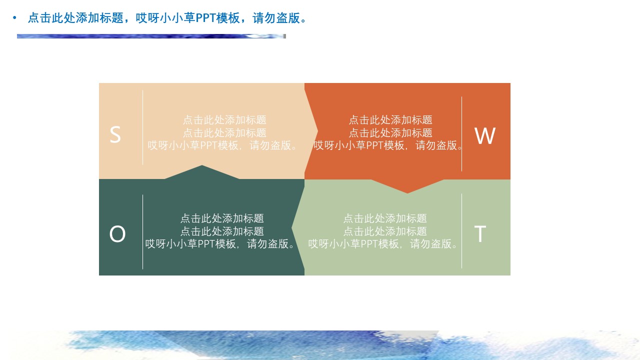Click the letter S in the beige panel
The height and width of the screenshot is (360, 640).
tap(115, 135)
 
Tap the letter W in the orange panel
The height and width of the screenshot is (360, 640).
tap(484, 136)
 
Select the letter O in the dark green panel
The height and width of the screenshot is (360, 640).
tap(117, 234)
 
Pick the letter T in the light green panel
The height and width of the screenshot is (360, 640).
tap(480, 234)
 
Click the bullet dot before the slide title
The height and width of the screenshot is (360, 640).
tap(14, 18)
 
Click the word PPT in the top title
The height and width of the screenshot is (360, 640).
tap(205, 18)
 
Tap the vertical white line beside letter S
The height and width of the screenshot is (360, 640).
tap(143, 127)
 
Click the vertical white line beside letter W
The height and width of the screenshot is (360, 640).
tap(461, 134)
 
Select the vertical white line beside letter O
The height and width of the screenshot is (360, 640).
tap(143, 232)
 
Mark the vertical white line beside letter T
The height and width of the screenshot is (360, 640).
tap(461, 231)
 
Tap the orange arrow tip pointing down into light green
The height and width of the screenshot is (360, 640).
tap(407, 189)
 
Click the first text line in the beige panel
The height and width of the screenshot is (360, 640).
tap(224, 120)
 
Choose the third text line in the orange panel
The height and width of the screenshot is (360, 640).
tap(388, 145)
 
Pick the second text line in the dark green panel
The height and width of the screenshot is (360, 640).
tap(221, 231)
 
